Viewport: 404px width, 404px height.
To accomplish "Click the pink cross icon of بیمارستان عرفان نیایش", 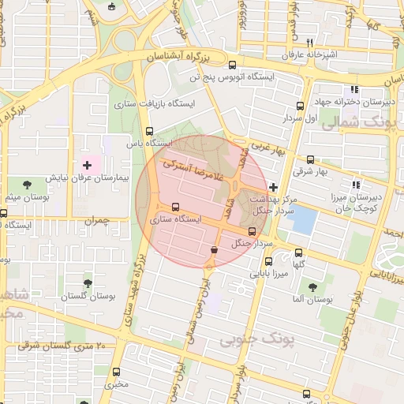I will pyautogui.click(x=87, y=165).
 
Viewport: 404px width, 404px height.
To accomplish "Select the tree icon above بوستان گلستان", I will pyautogui.click(x=87, y=282).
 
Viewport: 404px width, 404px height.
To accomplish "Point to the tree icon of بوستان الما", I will pyautogui.click(x=313, y=287).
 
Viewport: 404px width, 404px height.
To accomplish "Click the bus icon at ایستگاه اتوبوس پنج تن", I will pyautogui.click(x=231, y=65).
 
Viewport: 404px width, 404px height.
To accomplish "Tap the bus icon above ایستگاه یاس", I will pyautogui.click(x=150, y=131).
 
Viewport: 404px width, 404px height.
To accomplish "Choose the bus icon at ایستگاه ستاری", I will pyautogui.click(x=175, y=207).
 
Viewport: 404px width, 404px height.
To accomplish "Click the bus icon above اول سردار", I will pyautogui.click(x=300, y=106).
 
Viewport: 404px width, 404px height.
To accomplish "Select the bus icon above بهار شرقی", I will pyautogui.click(x=309, y=159).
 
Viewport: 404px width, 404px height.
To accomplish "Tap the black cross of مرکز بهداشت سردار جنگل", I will pyautogui.click(x=273, y=187).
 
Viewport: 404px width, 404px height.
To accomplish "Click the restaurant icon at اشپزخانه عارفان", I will pyautogui.click(x=310, y=43).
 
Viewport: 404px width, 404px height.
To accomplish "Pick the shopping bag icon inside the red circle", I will pyautogui.click(x=213, y=249).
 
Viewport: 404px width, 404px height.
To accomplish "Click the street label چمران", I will pyautogui.click(x=94, y=220).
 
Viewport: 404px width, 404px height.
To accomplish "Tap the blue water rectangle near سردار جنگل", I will pyautogui.click(x=303, y=219).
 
